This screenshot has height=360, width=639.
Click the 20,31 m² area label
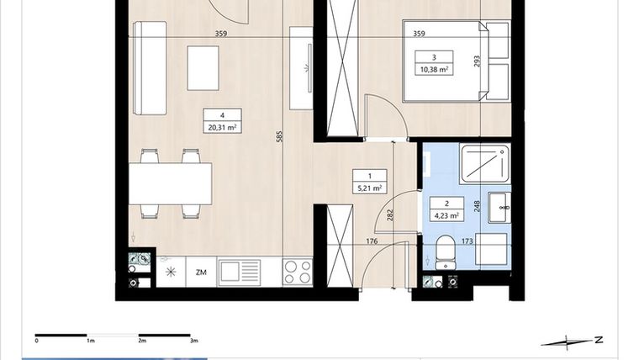tap(222, 128)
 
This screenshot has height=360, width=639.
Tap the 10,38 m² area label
tap(436, 69)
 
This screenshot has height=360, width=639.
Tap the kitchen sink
tap(239, 271)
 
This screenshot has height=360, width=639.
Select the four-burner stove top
tap(298, 271)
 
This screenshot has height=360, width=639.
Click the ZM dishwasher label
tap(201, 272)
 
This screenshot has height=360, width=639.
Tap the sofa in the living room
tap(151, 68)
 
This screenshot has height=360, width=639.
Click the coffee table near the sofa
tap(203, 67)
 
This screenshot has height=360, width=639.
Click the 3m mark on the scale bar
tap(194, 341)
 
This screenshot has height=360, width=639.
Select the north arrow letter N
tap(598, 340)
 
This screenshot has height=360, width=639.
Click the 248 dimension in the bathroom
tap(477, 205)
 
